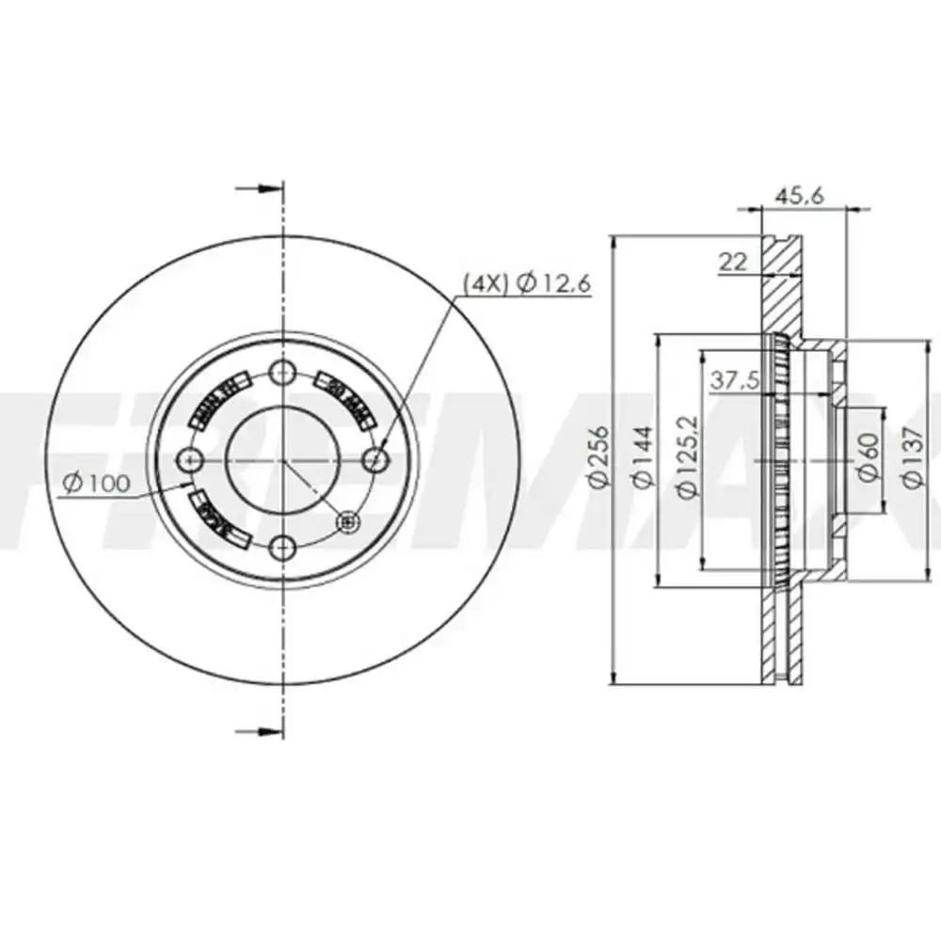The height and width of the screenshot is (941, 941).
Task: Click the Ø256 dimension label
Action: coord(598,457)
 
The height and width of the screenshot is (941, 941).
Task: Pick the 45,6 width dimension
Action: coord(799,196)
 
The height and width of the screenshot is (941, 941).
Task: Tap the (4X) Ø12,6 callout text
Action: coord(526,281)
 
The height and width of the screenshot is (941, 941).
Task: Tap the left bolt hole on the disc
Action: coord(192,459)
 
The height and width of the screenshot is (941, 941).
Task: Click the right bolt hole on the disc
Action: coord(375,459)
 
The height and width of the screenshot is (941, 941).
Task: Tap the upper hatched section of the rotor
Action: coord(781,282)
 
